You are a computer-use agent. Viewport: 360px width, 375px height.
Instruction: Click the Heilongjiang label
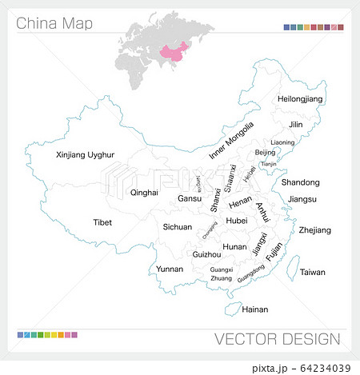300,98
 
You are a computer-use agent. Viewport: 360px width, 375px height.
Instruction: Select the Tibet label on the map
102,222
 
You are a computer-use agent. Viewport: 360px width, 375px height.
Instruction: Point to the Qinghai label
144,193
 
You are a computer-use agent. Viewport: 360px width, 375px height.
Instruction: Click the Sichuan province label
178,227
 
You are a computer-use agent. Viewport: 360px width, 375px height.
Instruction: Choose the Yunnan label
170,269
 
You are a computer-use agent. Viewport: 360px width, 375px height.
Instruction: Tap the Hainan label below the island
254,309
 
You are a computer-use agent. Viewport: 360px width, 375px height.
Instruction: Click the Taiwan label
313,272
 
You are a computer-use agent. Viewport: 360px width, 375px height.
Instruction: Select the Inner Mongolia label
231,141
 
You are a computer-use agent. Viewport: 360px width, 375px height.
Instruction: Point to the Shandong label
301,182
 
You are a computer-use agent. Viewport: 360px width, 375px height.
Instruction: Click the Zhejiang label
314,230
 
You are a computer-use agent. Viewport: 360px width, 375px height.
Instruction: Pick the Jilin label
296,125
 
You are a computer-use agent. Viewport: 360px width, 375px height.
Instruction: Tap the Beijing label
265,152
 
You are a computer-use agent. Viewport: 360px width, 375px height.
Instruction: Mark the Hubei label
237,221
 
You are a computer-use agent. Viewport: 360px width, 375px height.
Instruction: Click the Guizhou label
206,253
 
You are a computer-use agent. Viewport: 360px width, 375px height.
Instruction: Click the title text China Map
54,23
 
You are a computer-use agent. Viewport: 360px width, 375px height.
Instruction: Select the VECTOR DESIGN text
277,338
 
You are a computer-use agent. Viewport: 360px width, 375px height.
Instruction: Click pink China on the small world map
173,52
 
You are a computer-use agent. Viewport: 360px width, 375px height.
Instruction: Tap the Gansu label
190,198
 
